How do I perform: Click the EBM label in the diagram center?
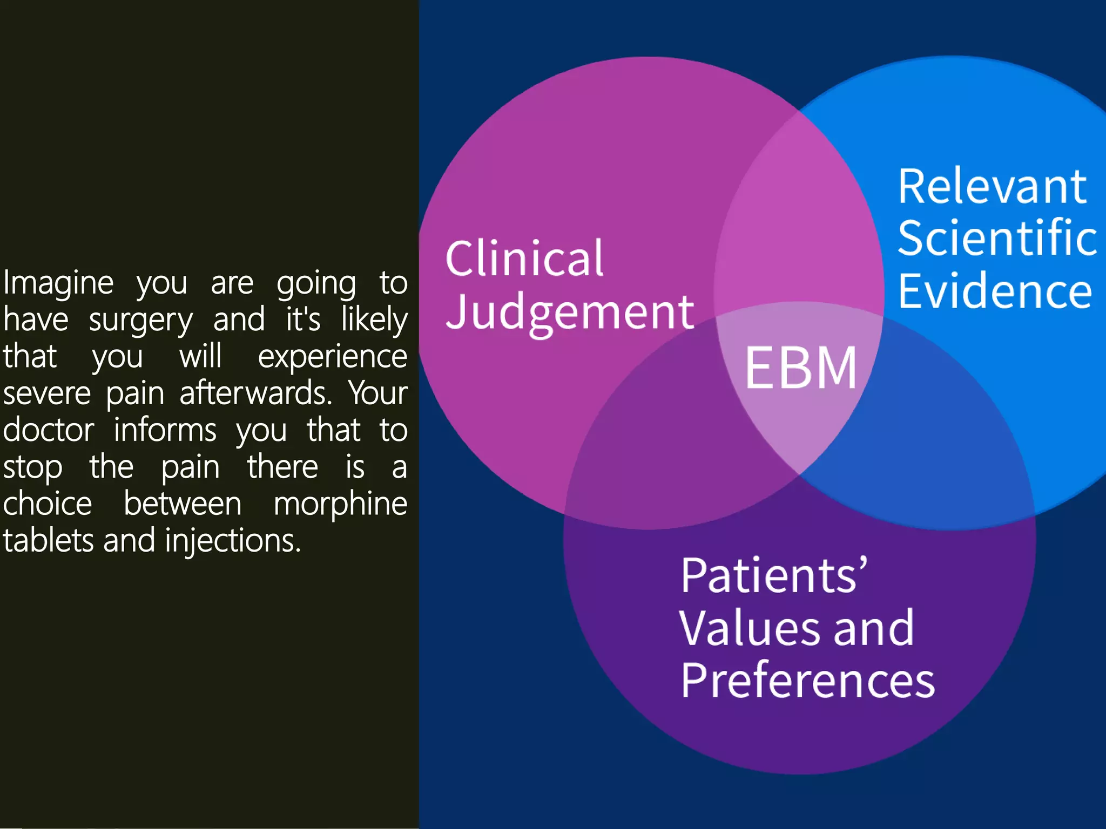801,368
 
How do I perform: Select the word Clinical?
524,259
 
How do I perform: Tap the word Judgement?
570,312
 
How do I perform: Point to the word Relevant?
992,187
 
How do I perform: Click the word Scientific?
997,238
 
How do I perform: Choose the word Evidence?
995,291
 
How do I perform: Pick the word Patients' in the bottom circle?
774,575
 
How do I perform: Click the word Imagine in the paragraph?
58,283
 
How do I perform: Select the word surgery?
140,320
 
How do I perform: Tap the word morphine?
340,504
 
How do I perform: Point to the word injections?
232,541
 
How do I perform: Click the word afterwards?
255,393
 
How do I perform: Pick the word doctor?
49,430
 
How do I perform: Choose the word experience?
332,357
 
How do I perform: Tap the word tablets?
49,541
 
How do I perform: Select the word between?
183,504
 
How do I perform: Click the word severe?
47,393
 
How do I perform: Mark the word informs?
165,430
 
